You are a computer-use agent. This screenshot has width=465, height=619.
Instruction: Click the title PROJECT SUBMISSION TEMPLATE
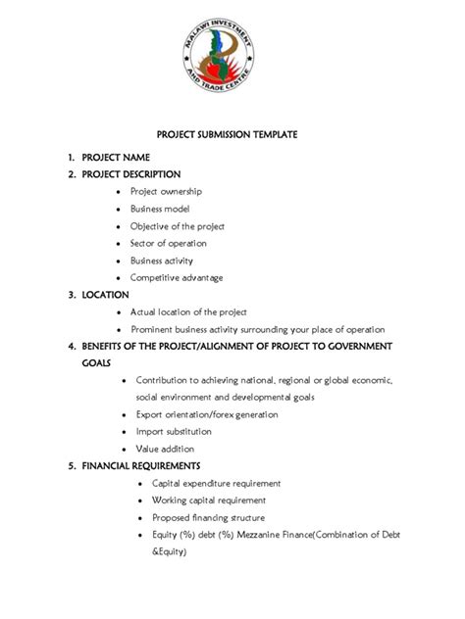coord(232,133)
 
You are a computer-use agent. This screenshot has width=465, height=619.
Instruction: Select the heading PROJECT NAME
coord(115,157)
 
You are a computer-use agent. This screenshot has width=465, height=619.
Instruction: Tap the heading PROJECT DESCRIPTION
coord(131,174)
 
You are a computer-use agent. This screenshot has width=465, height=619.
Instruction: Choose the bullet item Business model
coord(160,209)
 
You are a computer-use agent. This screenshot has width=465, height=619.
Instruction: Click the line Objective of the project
coord(178,226)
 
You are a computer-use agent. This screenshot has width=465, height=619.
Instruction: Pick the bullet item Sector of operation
coord(169,243)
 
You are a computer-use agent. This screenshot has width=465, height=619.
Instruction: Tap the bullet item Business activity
coord(162,261)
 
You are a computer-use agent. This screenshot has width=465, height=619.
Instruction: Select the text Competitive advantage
coord(177,277)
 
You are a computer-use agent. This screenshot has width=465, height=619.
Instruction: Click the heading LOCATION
coord(105,294)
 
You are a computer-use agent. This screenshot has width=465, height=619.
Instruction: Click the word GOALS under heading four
coord(96,362)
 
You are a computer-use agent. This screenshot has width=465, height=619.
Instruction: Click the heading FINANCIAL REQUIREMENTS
coord(141,465)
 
